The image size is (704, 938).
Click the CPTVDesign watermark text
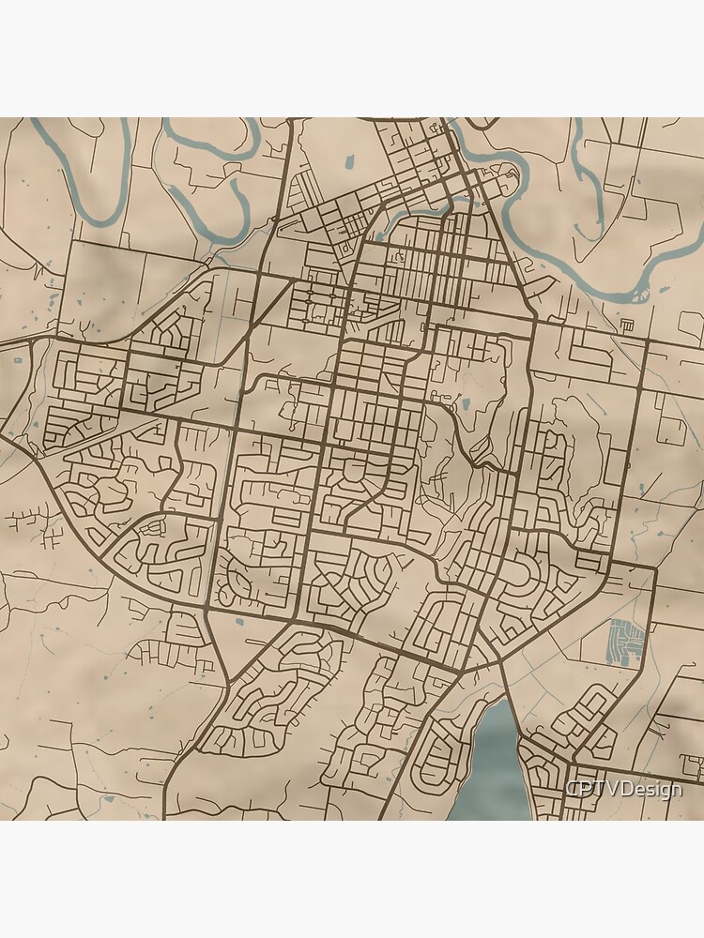point(624,790)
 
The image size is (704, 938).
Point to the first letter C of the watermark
point(572,790)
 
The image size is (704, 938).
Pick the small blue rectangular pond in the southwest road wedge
point(240,621)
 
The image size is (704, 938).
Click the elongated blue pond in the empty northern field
point(348,161)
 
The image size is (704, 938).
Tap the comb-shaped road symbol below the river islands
point(627,325)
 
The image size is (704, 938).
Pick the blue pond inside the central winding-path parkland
point(466,405)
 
